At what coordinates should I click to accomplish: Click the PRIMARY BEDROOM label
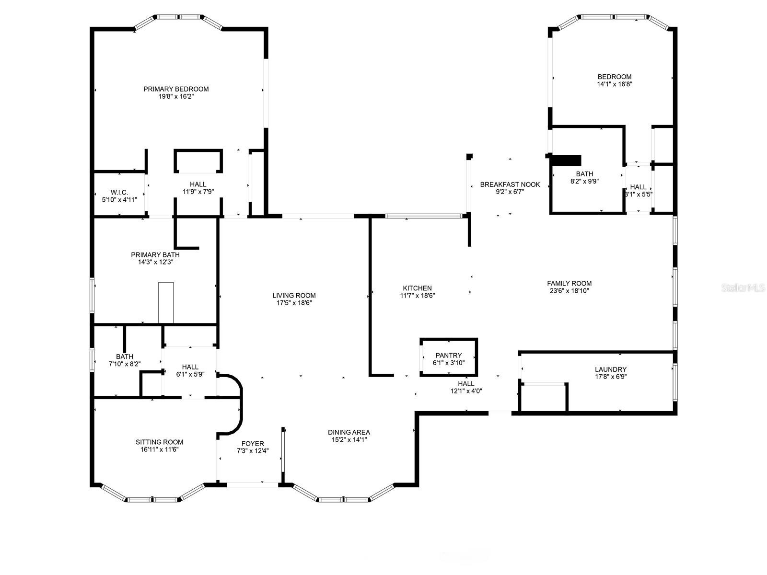coord(176,89)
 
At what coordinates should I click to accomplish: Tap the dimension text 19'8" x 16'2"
coord(176,96)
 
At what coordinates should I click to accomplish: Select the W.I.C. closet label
coord(119,192)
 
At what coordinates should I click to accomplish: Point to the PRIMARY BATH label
coord(155,255)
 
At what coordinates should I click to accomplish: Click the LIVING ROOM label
coord(294,295)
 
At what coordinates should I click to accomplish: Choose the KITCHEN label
coord(417,288)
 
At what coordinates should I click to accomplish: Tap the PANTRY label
coord(449,356)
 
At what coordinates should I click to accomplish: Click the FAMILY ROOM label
coord(569,284)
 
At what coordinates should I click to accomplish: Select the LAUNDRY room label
coord(610,369)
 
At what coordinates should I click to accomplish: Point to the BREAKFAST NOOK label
coord(510,184)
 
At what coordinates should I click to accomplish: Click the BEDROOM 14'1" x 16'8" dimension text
coord(615,84)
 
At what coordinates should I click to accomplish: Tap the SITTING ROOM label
coord(159,442)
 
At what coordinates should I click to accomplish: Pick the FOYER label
coord(253,443)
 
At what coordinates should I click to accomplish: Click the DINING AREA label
coord(349,432)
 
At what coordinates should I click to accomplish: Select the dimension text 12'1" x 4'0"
coord(466,391)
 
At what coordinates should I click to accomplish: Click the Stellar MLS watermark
coord(743,288)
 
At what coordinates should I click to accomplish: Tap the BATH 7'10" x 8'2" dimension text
coord(125,364)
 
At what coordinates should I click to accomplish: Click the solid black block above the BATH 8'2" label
coord(565,160)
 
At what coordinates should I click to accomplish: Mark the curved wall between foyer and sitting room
coord(241,405)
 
